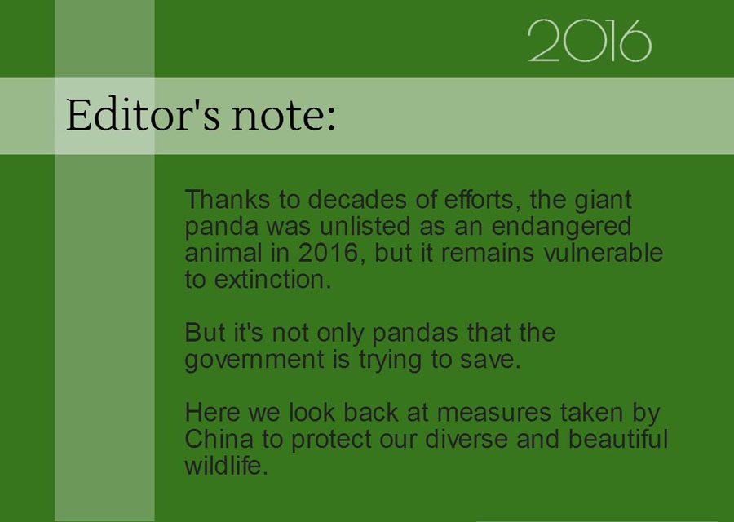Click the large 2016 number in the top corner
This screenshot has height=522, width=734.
tap(589, 41)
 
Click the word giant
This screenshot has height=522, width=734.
tap(604, 200)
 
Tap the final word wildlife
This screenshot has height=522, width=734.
tap(226, 467)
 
